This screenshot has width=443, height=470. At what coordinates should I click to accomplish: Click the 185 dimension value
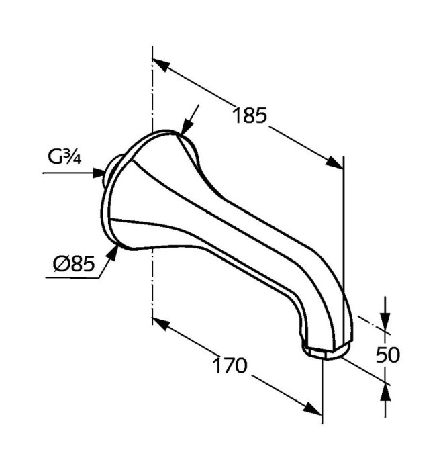pyautogui.click(x=250, y=115)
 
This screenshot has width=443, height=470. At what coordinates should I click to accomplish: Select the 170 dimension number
pyautogui.click(x=230, y=365)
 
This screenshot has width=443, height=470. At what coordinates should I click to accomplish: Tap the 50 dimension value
pyautogui.click(x=388, y=355)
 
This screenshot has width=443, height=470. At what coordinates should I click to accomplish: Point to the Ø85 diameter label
pyautogui.click(x=74, y=263)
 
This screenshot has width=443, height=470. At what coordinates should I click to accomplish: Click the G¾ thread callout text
pyautogui.click(x=64, y=156)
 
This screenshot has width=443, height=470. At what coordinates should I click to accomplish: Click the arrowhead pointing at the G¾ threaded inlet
pyautogui.click(x=99, y=173)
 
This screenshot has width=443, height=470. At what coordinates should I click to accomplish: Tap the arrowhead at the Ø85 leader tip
pyautogui.click(x=112, y=252)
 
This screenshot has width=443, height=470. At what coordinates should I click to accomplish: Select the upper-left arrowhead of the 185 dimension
pyautogui.click(x=161, y=64)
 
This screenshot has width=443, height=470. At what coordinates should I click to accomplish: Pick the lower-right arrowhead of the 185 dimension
pyautogui.click(x=334, y=162)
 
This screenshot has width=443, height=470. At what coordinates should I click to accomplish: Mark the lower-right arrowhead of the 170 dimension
pyautogui.click(x=312, y=409)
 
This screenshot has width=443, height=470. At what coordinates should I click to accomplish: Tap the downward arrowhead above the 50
pyautogui.click(x=385, y=321)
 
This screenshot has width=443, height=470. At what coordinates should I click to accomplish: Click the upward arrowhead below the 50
pyautogui.click(x=385, y=393)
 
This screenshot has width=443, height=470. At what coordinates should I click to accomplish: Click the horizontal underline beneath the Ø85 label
pyautogui.click(x=72, y=277)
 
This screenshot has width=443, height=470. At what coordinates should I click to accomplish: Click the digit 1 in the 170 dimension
pyautogui.click(x=216, y=365)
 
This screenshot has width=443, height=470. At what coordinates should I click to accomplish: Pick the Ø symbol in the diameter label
pyautogui.click(x=60, y=264)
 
